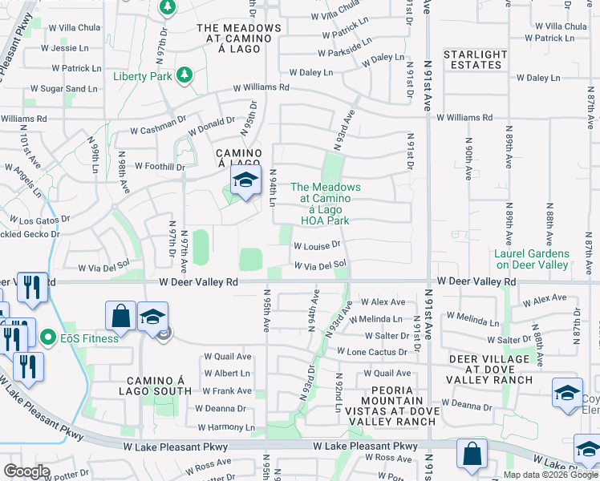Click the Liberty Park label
click(x=144, y=76)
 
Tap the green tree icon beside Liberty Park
click(x=184, y=75)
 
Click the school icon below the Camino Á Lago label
click(x=245, y=181)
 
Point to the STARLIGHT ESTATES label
click(x=476, y=59)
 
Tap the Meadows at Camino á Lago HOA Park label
click(x=325, y=204)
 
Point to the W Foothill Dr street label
click(x=160, y=167)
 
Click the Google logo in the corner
click(x=26, y=471)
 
